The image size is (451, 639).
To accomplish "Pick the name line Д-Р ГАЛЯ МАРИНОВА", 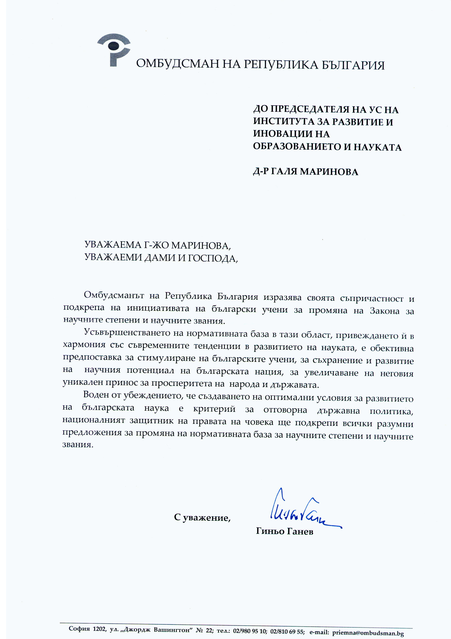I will coord(305,171).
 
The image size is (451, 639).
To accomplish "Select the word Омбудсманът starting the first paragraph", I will coord(114,295).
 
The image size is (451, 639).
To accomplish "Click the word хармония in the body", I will coord(84,345).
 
